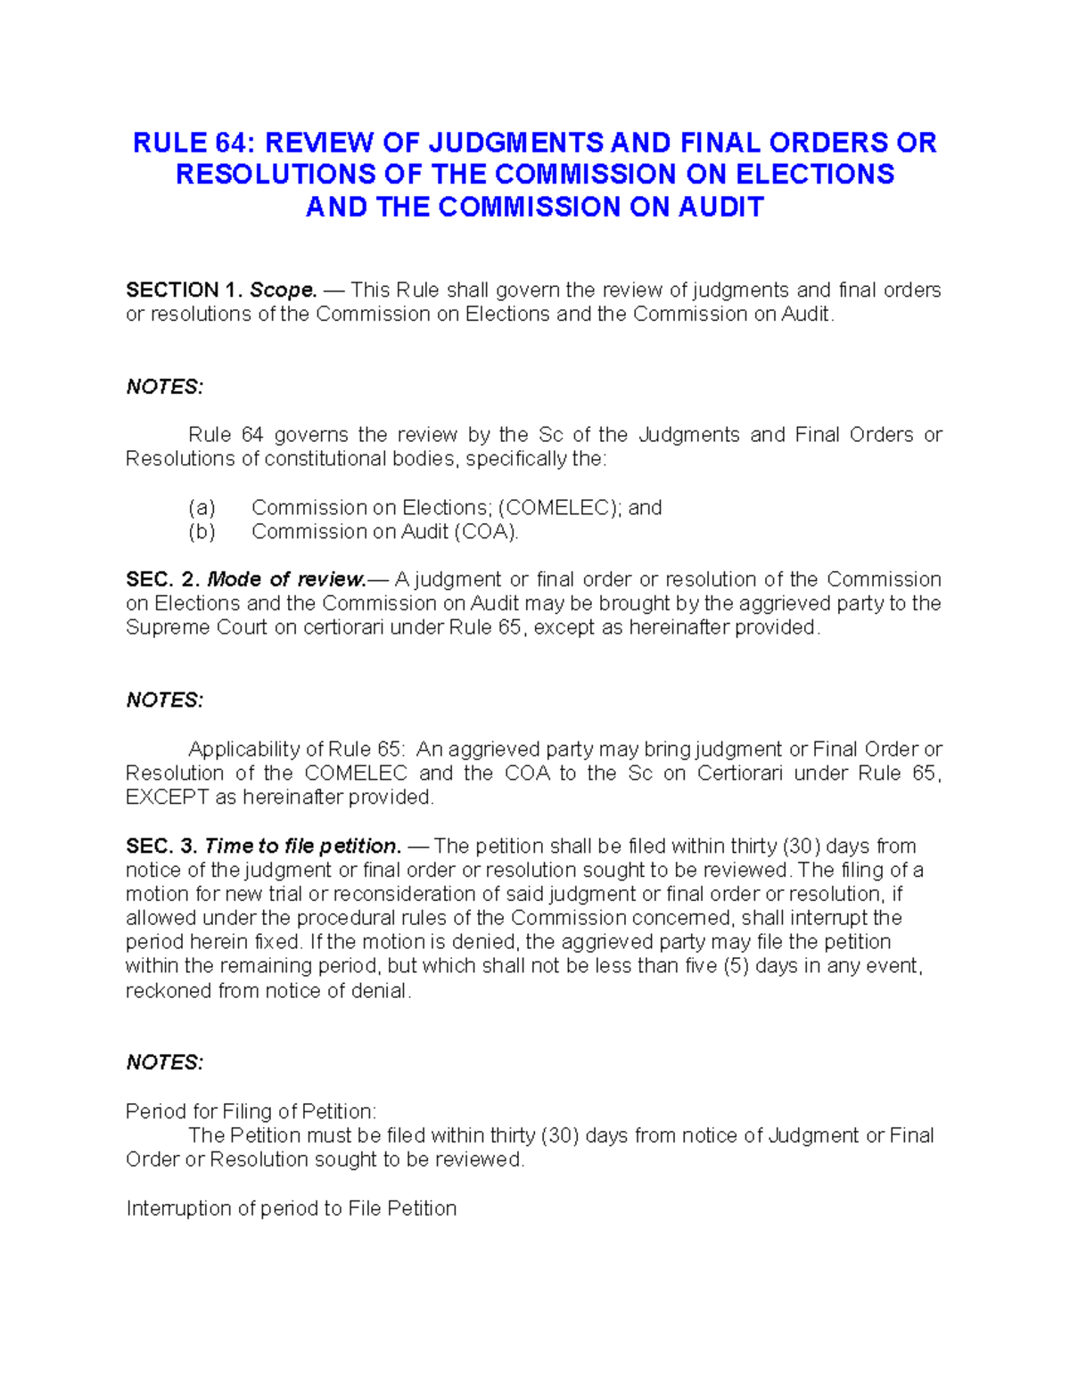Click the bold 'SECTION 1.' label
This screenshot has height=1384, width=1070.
pos(184,290)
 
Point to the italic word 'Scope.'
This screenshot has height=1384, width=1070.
pos(284,290)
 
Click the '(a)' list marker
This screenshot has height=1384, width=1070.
pos(202,508)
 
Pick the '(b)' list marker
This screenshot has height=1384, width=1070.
pos(202,532)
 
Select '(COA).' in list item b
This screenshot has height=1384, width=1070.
pos(486,532)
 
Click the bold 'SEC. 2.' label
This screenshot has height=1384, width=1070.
pos(162,579)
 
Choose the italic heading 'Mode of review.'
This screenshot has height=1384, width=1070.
pos(286,579)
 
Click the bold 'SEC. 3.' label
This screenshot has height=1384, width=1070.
pos(161,846)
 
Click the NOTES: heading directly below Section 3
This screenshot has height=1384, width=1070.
pos(165,1063)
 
